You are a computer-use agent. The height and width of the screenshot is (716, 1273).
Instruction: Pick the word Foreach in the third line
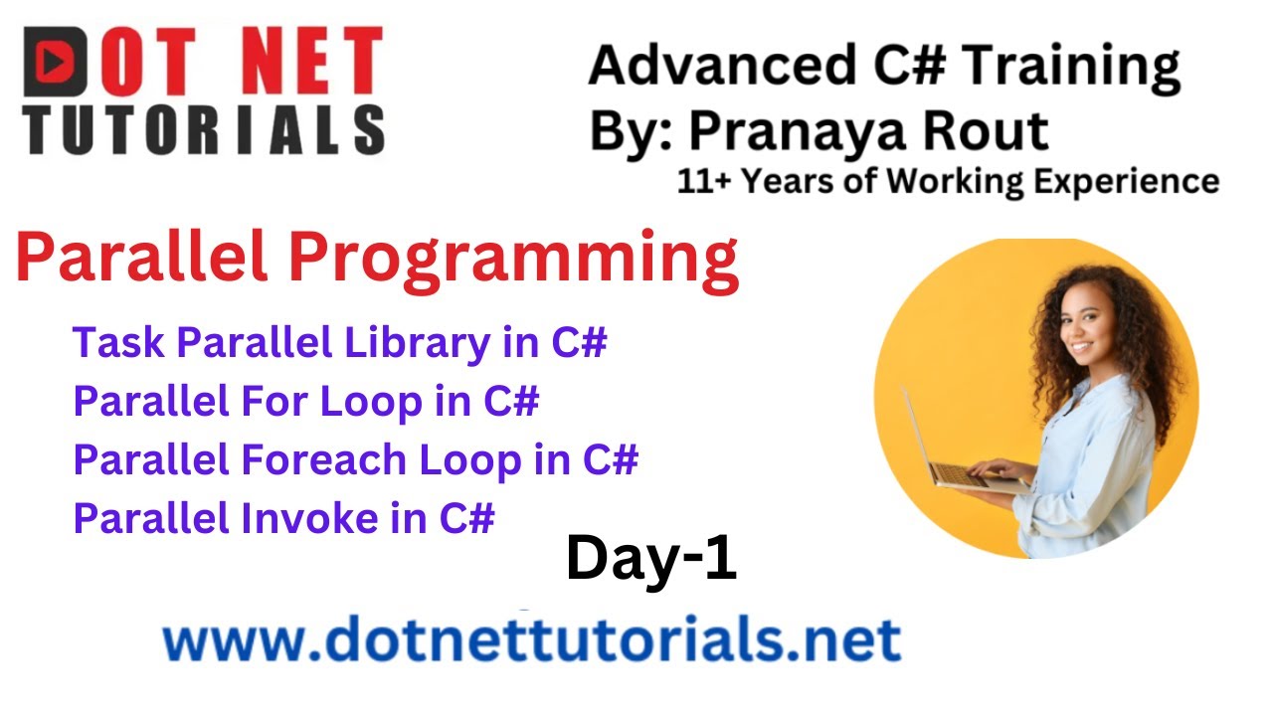[324, 460]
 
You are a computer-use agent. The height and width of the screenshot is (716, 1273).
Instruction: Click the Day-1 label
[651, 558]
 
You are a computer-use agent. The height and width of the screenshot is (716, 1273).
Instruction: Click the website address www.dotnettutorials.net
[532, 639]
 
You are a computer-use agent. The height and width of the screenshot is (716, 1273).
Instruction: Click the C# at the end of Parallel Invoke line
[466, 519]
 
